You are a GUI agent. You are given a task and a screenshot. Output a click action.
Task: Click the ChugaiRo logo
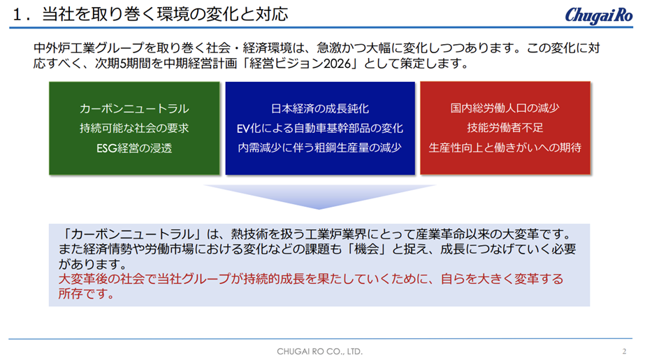(x=598, y=15)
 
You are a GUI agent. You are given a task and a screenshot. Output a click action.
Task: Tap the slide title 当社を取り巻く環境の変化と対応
(x=165, y=15)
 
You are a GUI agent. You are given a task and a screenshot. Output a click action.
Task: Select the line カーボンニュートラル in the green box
(x=134, y=108)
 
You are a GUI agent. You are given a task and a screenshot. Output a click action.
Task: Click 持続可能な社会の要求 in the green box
(x=134, y=129)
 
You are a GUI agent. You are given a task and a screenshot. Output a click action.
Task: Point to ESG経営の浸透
(x=134, y=148)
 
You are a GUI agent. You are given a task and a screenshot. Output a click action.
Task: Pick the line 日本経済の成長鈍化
(x=319, y=108)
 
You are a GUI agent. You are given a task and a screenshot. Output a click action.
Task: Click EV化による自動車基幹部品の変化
(x=319, y=129)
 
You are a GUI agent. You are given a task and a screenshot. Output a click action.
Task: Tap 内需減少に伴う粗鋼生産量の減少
(x=319, y=147)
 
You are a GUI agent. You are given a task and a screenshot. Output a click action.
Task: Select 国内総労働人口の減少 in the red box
(x=505, y=108)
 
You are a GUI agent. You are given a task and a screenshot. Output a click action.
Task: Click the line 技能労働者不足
(x=505, y=128)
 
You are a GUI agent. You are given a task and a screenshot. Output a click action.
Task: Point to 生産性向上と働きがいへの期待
(x=505, y=147)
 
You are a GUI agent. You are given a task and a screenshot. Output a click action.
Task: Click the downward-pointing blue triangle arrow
(x=319, y=196)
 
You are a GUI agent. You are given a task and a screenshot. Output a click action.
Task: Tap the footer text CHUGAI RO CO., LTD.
(x=319, y=352)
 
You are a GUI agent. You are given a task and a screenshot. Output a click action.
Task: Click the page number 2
(x=624, y=352)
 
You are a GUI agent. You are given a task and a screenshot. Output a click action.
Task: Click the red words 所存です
(x=86, y=294)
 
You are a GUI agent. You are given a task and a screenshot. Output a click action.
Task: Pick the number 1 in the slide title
(x=17, y=15)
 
